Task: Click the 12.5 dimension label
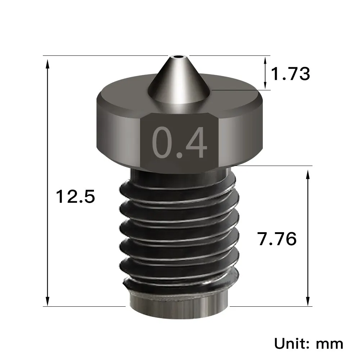pos(75,197)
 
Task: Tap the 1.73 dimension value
pos(290,74)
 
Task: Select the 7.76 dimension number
pos(277,239)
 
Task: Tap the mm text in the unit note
pos(329,343)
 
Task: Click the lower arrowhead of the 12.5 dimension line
pos(47,301)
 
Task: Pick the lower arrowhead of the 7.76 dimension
pos(308,301)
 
